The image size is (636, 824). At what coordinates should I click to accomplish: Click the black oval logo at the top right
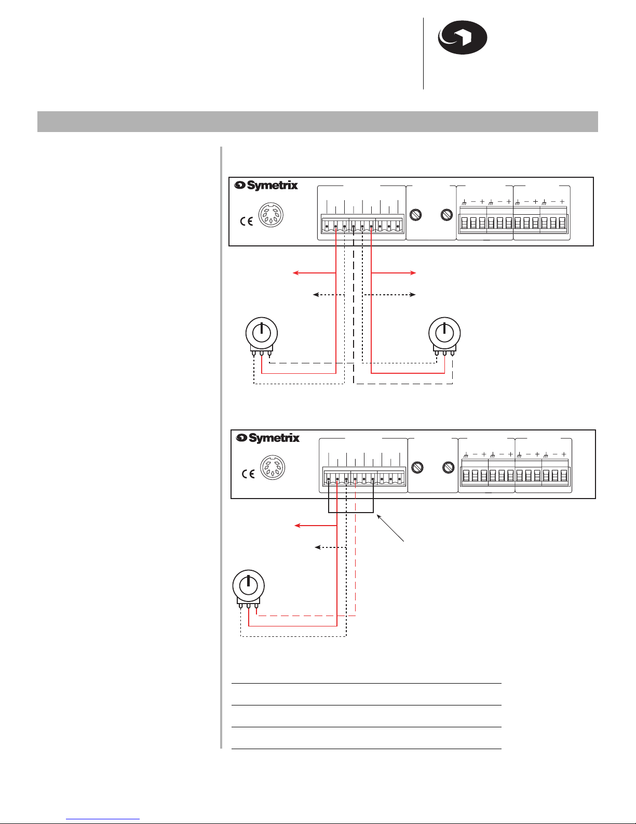462,37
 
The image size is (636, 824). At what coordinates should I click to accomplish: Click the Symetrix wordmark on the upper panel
266,186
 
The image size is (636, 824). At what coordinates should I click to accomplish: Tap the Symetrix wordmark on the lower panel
268,438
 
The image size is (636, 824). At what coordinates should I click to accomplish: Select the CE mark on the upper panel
247,221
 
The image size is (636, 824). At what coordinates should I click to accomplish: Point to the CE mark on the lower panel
248,474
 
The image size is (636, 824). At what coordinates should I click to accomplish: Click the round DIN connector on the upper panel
270,215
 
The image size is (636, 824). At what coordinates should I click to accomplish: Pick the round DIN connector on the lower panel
273,467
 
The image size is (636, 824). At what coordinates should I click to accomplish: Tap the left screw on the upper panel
416,215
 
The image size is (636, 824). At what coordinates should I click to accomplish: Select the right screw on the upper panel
446,215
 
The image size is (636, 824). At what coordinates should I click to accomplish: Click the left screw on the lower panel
417,467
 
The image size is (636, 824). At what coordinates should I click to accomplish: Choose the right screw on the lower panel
448,467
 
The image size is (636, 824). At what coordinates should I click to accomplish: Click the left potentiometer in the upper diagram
262,337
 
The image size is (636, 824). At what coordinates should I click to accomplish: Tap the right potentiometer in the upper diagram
444,337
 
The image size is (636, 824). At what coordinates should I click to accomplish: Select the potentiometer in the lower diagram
248,589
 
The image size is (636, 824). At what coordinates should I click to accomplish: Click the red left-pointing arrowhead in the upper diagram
295,272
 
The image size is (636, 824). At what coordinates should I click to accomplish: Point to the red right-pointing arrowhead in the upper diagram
413,272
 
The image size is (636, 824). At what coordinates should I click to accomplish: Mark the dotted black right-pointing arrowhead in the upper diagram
413,295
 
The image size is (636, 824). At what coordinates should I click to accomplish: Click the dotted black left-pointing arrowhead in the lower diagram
318,547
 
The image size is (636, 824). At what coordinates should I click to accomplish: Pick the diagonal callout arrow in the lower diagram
390,528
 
